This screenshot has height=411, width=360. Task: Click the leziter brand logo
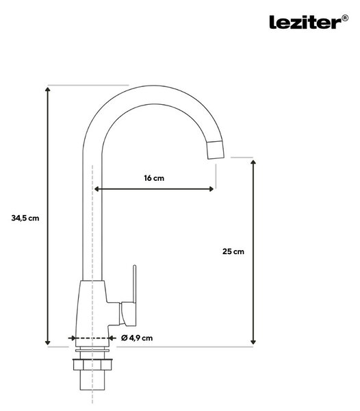click(305, 22)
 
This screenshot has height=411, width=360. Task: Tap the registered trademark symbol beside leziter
click(346, 18)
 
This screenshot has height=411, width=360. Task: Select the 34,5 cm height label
click(25, 218)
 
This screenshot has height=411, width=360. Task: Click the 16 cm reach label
click(154, 178)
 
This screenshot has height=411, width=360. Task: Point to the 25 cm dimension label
click(233, 251)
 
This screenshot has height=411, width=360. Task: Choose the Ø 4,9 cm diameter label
click(137, 338)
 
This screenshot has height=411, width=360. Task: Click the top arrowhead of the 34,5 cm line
click(47, 90)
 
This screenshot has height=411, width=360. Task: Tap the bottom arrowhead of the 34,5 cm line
click(47, 342)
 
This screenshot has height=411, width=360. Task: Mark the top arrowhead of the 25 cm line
click(253, 162)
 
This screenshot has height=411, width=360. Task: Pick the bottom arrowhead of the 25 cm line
click(253, 342)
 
